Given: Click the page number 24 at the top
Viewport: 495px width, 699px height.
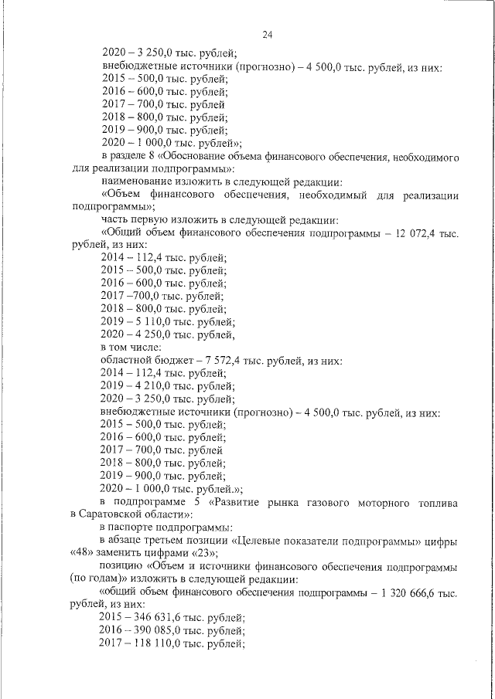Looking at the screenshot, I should point(268,35).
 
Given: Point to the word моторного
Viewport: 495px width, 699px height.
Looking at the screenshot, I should point(384,500).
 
